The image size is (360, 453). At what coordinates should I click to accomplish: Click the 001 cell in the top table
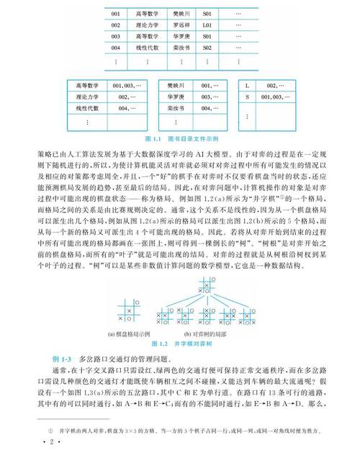114,13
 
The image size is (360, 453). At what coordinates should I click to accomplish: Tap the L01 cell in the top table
207,24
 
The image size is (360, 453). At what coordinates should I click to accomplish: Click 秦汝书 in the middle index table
177,108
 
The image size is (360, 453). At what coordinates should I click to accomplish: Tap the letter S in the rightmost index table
248,97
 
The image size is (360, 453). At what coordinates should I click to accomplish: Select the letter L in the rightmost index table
248,85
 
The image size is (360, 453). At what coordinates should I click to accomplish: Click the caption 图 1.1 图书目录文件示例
180,138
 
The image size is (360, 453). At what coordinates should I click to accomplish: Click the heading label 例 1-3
62,357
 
